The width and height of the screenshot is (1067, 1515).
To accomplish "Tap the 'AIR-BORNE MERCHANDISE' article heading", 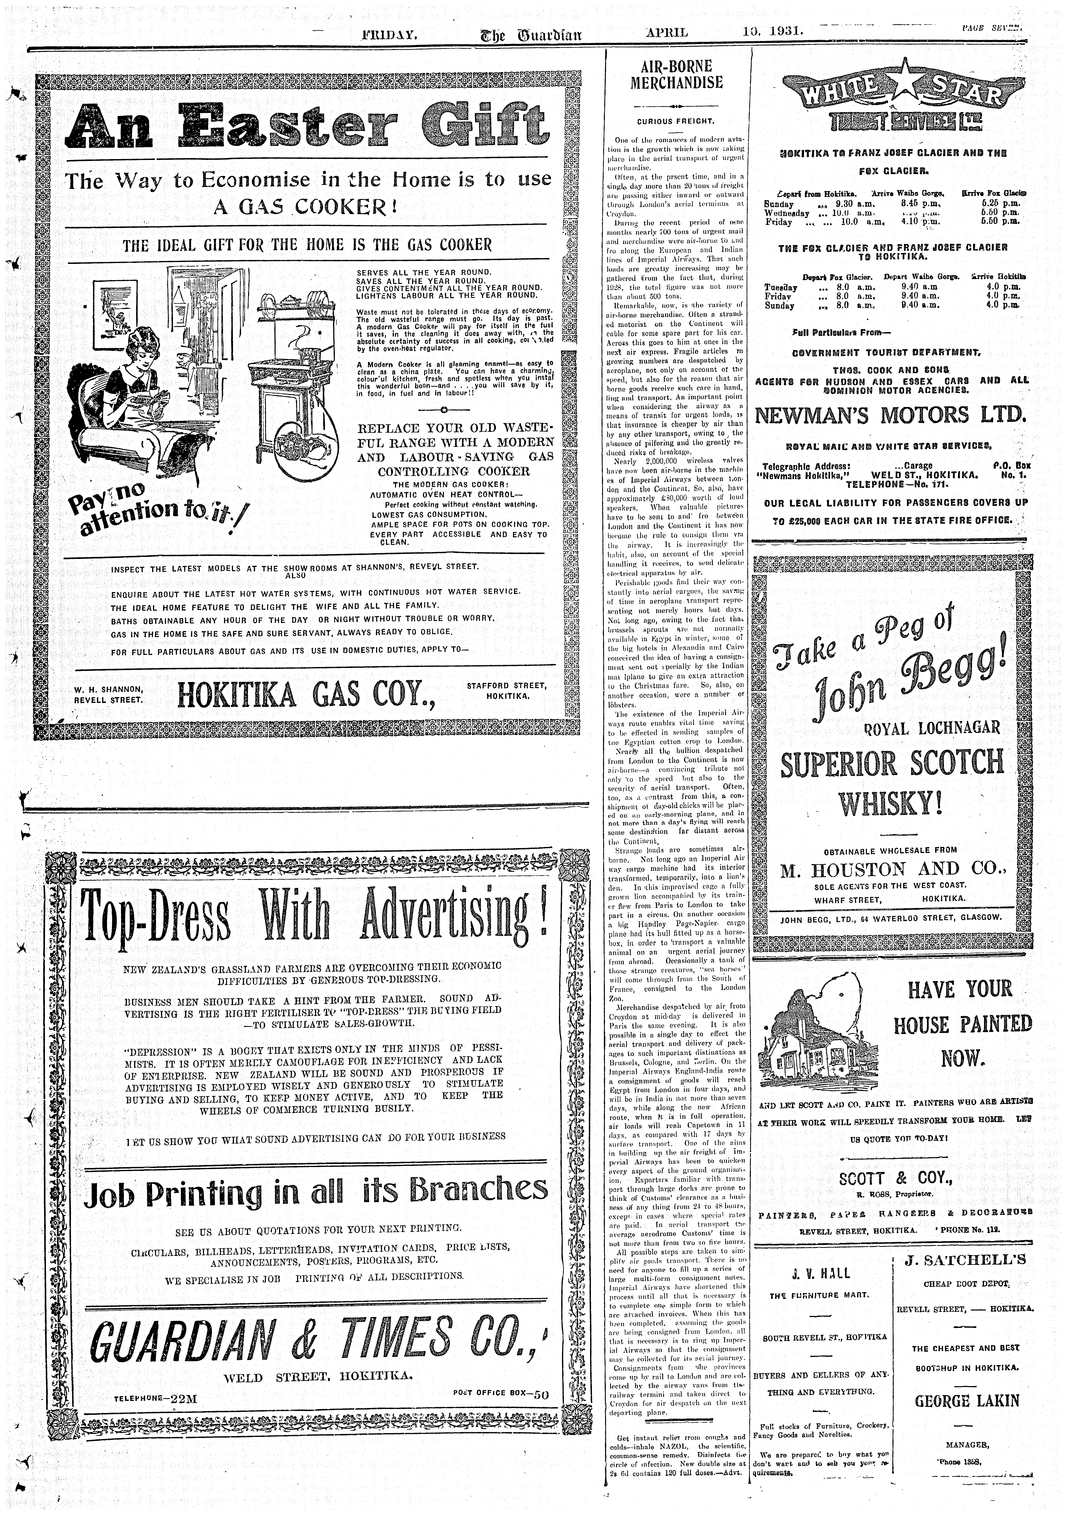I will (x=677, y=75).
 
